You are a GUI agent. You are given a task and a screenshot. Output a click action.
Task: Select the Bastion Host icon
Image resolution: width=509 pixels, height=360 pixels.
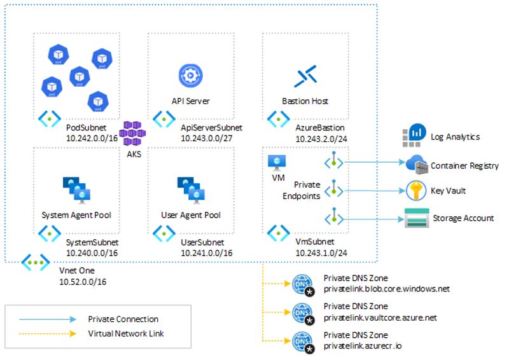click(x=305, y=76)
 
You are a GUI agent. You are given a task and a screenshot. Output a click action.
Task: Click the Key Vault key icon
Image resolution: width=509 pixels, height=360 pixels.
click(x=416, y=190)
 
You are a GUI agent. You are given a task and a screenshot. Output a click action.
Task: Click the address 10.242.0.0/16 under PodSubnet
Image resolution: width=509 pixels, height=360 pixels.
click(x=92, y=137)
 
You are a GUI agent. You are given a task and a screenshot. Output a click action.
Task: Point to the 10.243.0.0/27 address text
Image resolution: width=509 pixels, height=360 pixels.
click(x=206, y=137)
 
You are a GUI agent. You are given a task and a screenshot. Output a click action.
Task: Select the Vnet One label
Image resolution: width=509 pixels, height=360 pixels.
click(x=76, y=270)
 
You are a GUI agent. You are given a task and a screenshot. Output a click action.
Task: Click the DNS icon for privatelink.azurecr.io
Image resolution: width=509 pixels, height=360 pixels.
click(x=302, y=340)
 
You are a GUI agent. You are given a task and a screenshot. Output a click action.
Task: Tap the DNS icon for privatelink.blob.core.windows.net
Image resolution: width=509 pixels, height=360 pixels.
click(x=302, y=283)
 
